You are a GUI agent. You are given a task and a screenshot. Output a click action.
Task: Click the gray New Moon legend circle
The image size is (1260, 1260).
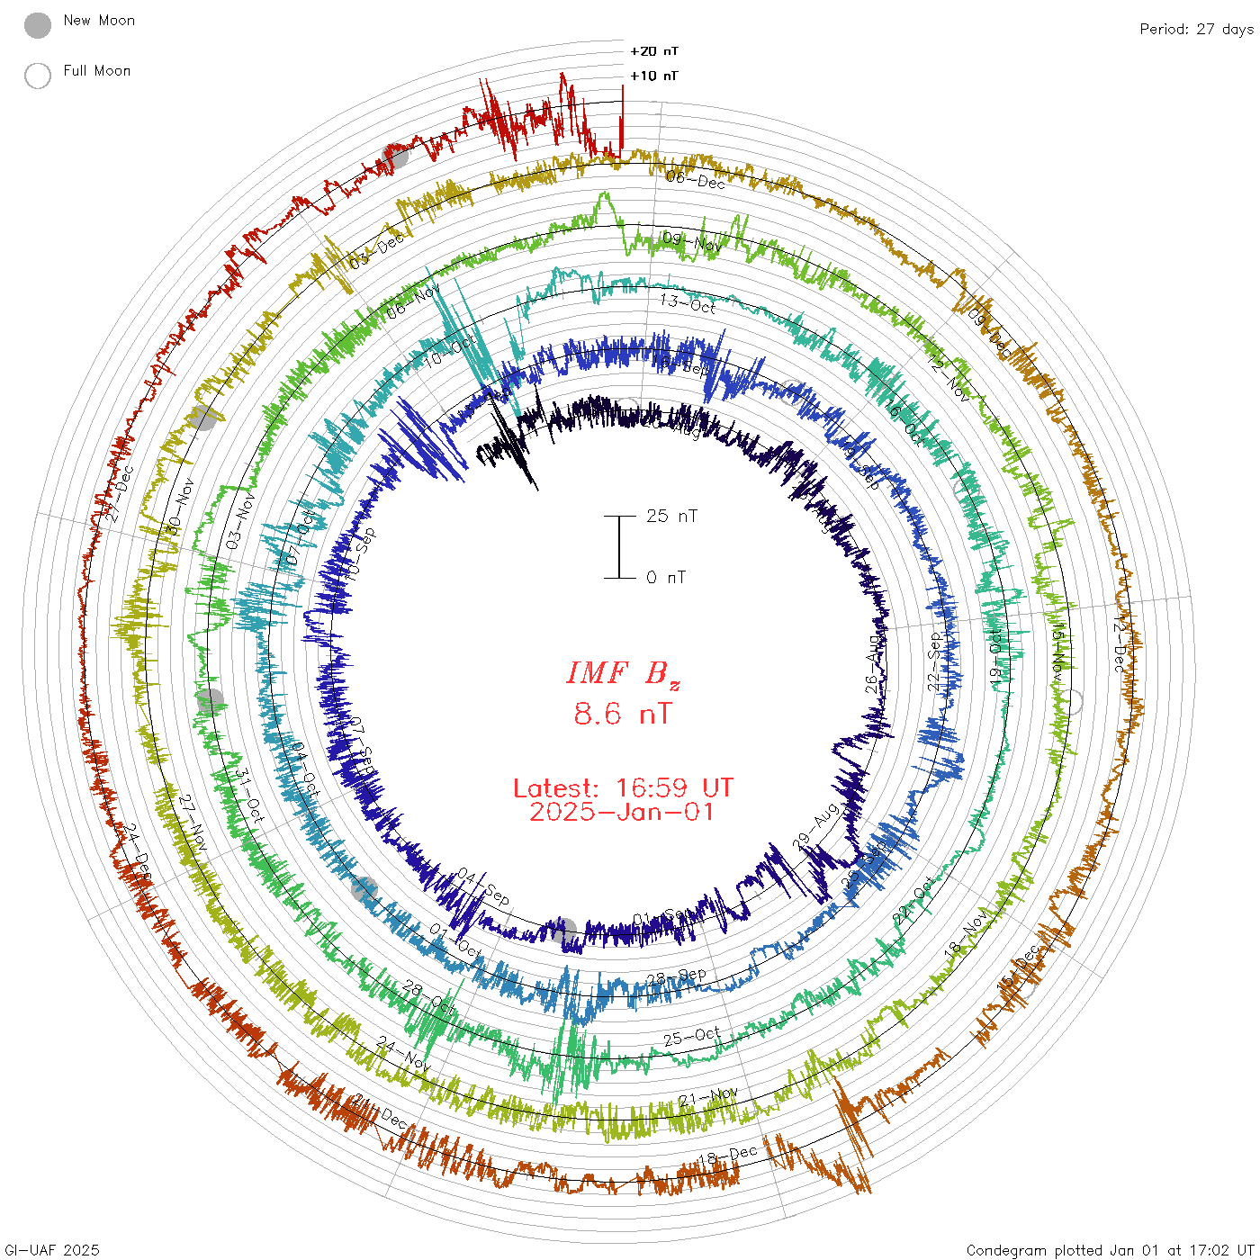38,25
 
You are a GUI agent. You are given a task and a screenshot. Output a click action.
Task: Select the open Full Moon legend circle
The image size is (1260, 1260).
38,76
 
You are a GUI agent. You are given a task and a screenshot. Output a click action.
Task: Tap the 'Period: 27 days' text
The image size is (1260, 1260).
1196,29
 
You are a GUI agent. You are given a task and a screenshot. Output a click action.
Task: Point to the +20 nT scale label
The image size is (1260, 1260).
654,51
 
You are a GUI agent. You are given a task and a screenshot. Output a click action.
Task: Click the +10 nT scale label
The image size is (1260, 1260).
654,76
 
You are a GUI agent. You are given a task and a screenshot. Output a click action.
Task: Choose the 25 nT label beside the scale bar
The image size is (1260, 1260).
671,516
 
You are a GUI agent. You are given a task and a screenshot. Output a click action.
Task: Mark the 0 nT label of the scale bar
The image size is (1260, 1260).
666,577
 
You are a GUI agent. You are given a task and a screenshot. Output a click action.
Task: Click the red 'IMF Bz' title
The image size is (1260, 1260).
623,673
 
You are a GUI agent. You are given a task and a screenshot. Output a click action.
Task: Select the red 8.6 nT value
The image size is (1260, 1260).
623,715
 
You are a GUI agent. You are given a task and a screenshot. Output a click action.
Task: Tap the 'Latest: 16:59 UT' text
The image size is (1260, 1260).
623,788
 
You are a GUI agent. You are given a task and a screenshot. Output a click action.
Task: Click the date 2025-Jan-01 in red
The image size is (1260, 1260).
623,812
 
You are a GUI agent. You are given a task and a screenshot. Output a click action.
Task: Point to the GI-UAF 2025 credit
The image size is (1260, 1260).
52,1249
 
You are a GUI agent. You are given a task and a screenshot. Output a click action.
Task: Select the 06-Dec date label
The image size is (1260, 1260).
696,180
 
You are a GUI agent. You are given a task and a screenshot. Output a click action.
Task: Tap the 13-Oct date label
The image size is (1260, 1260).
688,303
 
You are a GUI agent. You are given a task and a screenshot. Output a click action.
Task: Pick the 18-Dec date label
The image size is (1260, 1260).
728,1156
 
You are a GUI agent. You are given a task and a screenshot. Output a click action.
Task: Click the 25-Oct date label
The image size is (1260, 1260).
692,1036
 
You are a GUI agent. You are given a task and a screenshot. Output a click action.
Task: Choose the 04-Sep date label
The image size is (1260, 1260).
483,886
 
